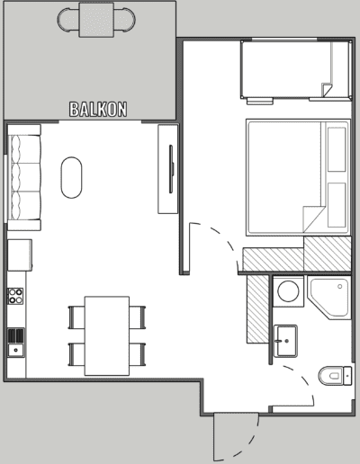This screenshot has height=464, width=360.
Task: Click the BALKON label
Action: tap(98, 110)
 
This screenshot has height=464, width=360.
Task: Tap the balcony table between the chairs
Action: tap(96, 20)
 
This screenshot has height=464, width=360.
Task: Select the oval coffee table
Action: tap(71, 177)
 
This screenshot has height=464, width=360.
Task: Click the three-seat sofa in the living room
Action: tap(24, 178)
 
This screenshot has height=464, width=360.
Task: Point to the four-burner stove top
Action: tap(15, 296)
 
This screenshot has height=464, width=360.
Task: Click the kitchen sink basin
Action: tap(16, 350)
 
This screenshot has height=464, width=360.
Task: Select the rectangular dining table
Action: tap(107, 335)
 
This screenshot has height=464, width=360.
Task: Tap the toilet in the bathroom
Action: tap(335, 376)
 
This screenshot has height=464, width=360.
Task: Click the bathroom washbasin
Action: tap(286, 341)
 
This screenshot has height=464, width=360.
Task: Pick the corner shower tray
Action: tap(329, 298)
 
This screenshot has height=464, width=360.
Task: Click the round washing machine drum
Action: tap(288, 290)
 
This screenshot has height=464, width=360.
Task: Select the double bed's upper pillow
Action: tap(337, 149)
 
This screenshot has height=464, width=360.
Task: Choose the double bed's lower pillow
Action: tap(337, 205)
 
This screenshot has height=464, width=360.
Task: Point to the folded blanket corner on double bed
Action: tap(312, 218)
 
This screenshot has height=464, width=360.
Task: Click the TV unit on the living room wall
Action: tap(168, 169)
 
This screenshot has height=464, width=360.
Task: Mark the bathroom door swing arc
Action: tap(303, 379)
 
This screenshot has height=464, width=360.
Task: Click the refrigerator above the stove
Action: tap(20, 255)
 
